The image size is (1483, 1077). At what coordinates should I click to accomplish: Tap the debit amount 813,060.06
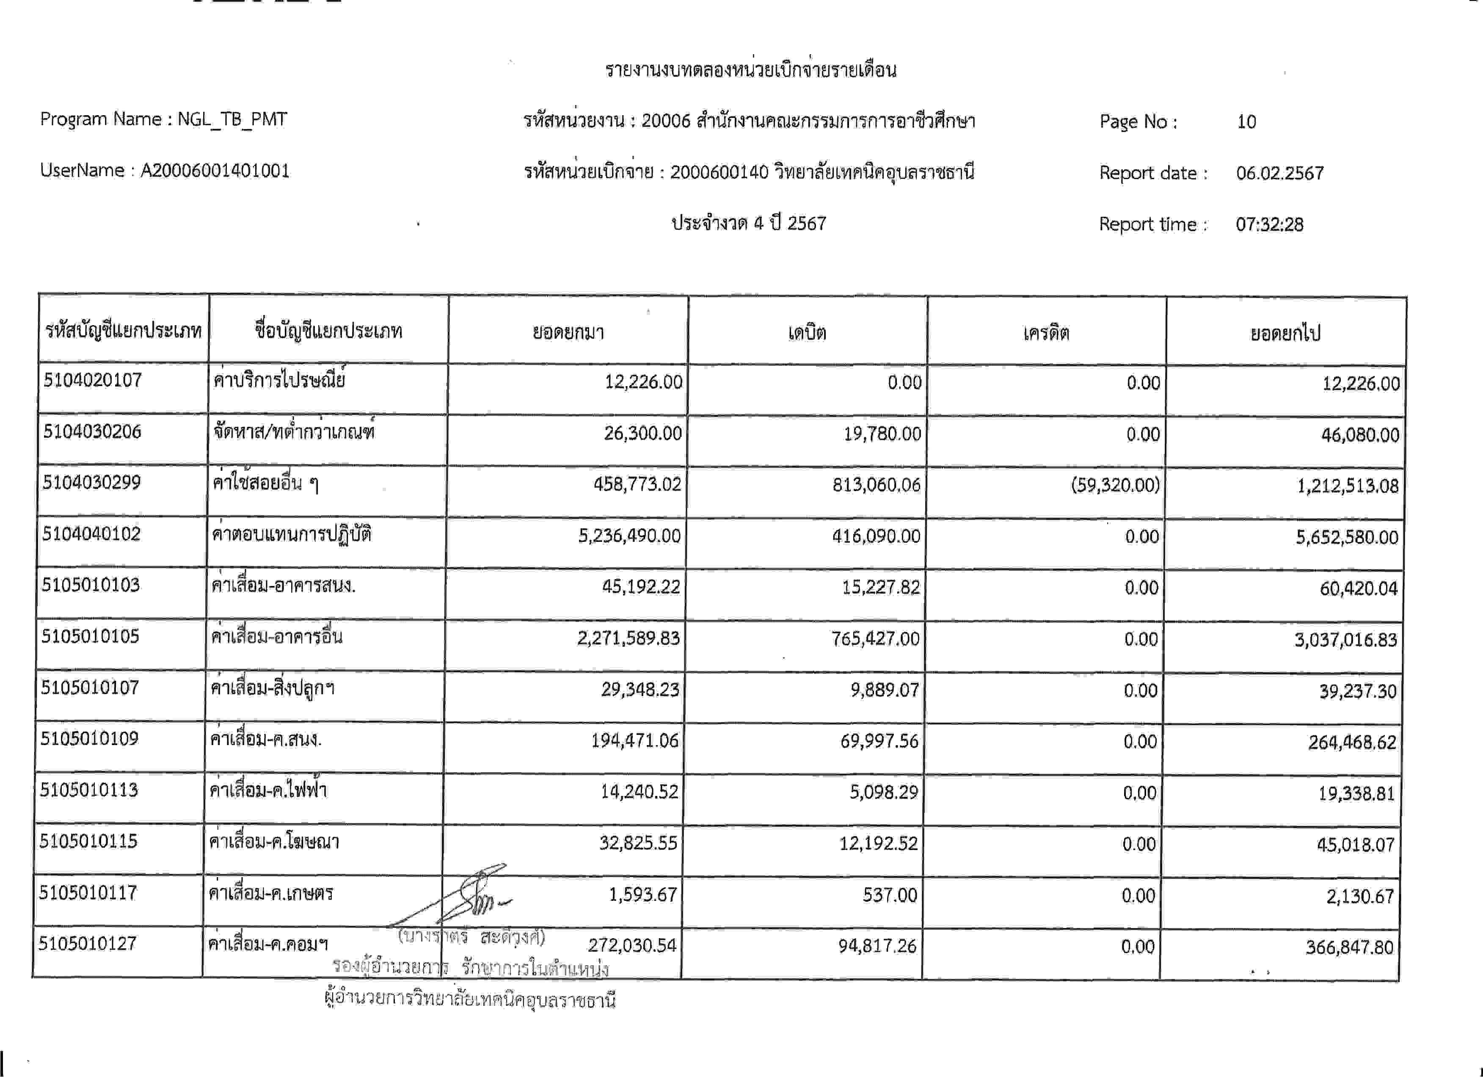(x=876, y=485)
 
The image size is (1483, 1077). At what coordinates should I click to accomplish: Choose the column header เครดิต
(x=1046, y=333)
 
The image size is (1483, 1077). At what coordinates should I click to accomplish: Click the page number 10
(x=1246, y=122)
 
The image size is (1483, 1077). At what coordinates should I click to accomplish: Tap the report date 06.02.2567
(x=1280, y=173)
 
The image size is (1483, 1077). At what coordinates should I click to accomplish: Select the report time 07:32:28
(x=1269, y=224)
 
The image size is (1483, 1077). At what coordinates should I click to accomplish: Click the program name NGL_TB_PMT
(x=232, y=119)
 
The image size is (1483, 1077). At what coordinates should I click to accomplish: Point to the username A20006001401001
(x=215, y=171)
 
